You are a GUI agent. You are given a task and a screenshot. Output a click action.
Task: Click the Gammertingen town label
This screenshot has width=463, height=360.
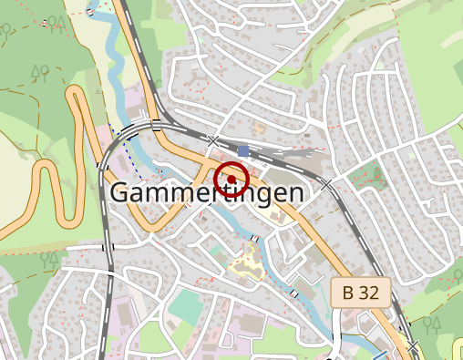coord(207,193)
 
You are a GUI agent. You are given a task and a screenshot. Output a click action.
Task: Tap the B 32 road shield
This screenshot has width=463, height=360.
coord(361,292)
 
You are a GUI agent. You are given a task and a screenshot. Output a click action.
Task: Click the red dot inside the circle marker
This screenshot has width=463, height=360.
coord(231,179)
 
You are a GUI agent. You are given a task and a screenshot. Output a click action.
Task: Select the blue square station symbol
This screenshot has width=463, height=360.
coord(242,149)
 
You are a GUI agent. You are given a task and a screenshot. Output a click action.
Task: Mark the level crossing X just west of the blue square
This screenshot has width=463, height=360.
coord(212,140)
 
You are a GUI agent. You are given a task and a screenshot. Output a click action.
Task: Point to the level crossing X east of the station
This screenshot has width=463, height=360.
coord(325,183)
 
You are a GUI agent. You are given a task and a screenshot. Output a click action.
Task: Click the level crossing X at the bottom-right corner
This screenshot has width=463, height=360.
coord(413,347)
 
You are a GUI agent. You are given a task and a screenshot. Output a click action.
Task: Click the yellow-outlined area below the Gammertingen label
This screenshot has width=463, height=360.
coord(247,264)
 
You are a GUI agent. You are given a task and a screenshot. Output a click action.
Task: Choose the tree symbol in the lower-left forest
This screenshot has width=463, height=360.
coord(48,259)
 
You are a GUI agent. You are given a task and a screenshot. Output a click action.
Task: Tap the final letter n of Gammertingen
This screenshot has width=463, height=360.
coord(293,193)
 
